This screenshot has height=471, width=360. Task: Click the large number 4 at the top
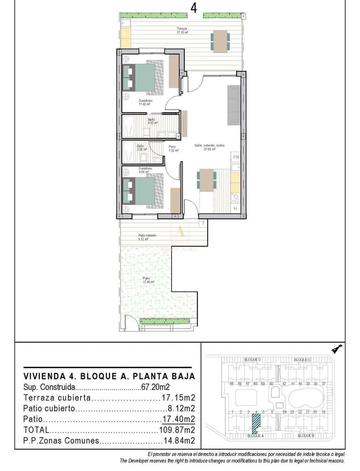coord(194,7)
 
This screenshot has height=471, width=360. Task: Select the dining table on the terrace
coord(220,41)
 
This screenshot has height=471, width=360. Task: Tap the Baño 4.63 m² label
coord(152,121)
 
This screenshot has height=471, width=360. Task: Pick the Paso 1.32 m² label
coord(174,148)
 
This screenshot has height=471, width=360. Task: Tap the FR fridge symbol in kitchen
coord(236,157)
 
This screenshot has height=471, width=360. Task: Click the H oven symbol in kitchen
coord(236,208)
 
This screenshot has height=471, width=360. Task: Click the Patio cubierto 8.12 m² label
coord(147,237)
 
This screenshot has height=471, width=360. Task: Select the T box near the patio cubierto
coord(203,223)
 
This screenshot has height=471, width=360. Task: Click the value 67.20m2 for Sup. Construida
coord(155,387)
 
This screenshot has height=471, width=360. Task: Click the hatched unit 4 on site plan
coord(256,423)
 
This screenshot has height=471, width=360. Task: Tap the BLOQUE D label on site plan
coord(252,360)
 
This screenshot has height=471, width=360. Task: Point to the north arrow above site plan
coord(336,348)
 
